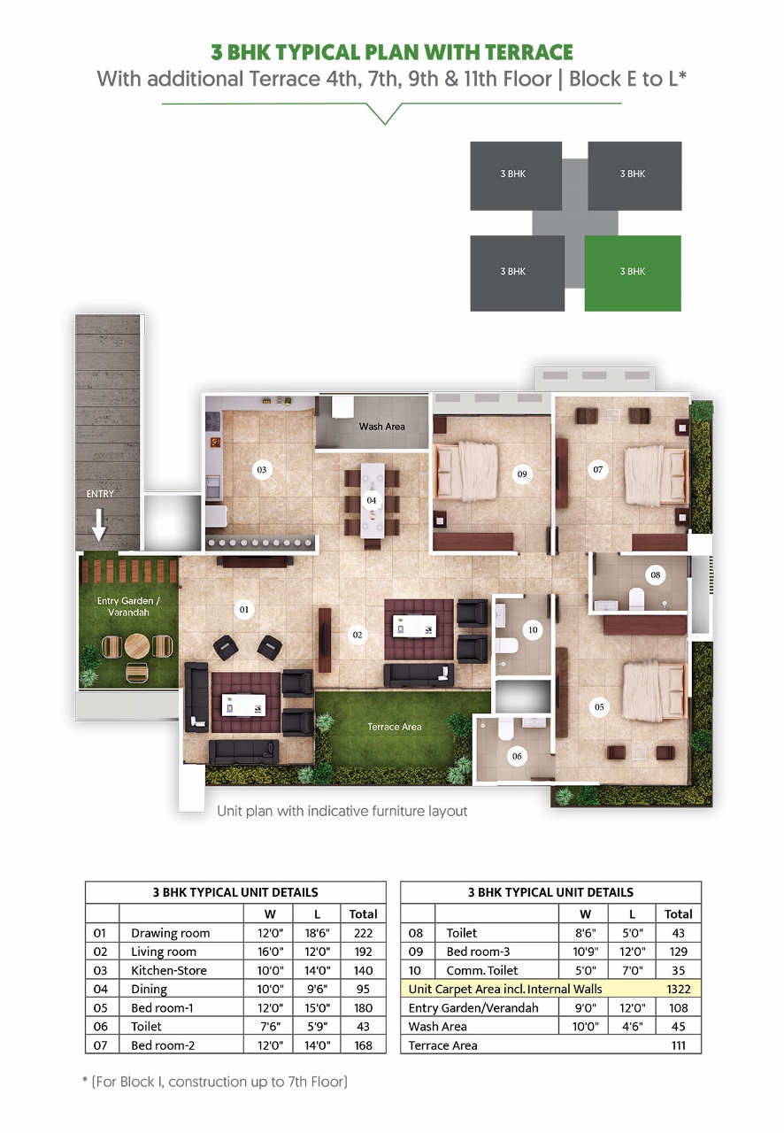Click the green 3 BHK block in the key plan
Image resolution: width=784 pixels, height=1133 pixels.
(x=633, y=273)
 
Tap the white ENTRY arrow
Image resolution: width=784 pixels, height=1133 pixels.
(x=99, y=528)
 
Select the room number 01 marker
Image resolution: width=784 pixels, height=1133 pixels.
(x=244, y=609)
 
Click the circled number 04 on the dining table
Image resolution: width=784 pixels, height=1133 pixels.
(x=372, y=500)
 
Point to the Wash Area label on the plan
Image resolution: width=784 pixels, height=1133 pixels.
(x=381, y=427)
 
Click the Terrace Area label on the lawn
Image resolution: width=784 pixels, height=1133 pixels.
(x=395, y=727)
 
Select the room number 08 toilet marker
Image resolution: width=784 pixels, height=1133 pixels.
(x=656, y=575)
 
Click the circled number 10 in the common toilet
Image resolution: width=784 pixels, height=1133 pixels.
(x=532, y=630)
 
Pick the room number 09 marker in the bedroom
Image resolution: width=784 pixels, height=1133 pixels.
(x=522, y=474)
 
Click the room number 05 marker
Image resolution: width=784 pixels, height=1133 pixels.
(x=599, y=706)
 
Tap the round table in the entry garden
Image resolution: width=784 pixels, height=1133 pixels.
(x=136, y=645)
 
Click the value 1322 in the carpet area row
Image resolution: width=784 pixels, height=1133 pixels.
(x=678, y=989)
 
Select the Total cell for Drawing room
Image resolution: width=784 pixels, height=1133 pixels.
(x=363, y=933)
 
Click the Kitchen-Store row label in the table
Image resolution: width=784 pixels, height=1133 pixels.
(x=168, y=970)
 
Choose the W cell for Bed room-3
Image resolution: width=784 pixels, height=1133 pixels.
(x=585, y=952)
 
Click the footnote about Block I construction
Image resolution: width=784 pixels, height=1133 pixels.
(x=215, y=1082)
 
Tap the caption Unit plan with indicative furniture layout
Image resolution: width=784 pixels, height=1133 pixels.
(x=342, y=811)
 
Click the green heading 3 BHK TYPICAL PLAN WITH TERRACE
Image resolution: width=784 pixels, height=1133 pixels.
(x=391, y=52)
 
